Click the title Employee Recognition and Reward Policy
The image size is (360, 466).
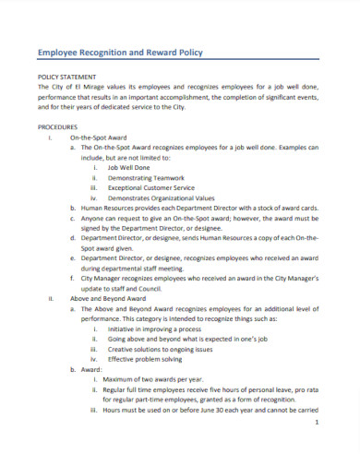point(119,53)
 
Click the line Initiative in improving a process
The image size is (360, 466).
point(159,329)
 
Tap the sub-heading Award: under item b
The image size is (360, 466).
point(93,370)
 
